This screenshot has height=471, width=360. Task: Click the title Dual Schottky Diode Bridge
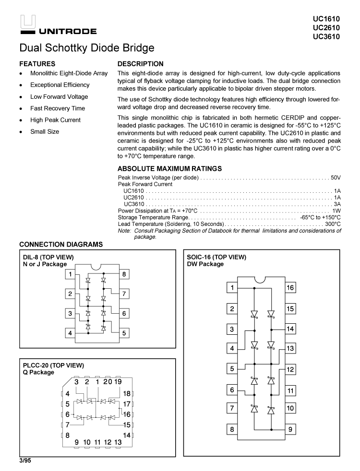pyautogui.click(x=87, y=48)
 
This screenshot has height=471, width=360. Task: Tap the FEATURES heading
pyautogui.click(x=37, y=64)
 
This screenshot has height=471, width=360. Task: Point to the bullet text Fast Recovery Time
pyautogui.click(x=58, y=108)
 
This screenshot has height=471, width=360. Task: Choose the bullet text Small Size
pyautogui.click(x=45, y=131)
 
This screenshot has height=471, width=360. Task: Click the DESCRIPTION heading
pyautogui.click(x=140, y=64)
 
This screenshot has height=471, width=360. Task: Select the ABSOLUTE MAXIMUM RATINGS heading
pyautogui.click(x=169, y=168)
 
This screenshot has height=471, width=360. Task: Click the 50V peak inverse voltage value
pyautogui.click(x=336, y=177)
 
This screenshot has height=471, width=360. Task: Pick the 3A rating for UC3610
pyautogui.click(x=337, y=204)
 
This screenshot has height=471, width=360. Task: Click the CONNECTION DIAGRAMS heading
pyautogui.click(x=61, y=245)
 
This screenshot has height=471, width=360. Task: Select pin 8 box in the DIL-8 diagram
pyautogui.click(x=124, y=274)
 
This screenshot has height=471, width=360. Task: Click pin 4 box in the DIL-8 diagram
pyautogui.click(x=70, y=333)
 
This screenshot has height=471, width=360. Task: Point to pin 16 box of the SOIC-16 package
pyautogui.click(x=290, y=288)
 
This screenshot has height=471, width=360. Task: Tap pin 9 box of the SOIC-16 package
pyautogui.click(x=290, y=429)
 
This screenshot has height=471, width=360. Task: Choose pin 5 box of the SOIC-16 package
pyautogui.click(x=232, y=369)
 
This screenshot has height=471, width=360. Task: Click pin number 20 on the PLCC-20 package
pyautogui.click(x=108, y=382)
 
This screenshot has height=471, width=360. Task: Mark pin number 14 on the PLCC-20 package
pyautogui.click(x=127, y=435)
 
